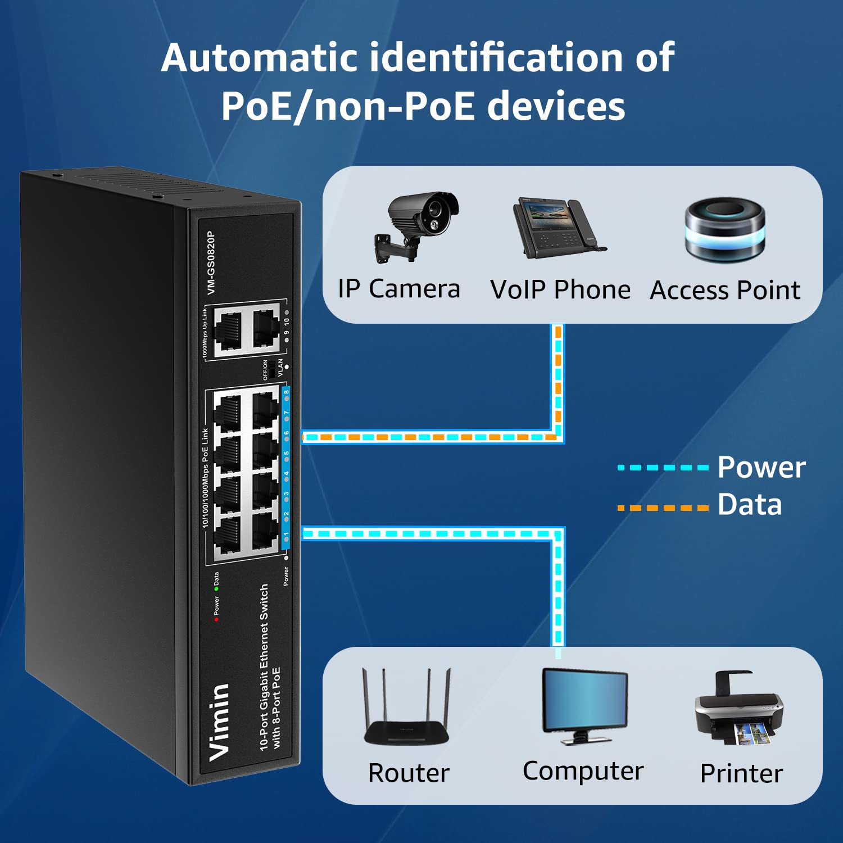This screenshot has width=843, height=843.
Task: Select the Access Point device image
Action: click(x=725, y=229)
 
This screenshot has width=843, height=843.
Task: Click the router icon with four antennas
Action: click(x=407, y=708)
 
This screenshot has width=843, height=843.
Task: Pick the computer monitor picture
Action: click(x=584, y=705)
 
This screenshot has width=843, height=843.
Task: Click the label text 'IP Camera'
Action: click(x=399, y=289)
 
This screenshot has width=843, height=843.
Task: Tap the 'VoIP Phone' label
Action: click(x=560, y=291)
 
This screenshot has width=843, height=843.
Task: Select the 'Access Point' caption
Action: click(x=725, y=291)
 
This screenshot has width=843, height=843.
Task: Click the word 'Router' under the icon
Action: click(x=409, y=773)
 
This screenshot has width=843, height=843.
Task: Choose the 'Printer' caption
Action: click(x=741, y=774)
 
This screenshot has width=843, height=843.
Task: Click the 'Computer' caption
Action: click(x=583, y=771)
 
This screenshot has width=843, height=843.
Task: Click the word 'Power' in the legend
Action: click(x=762, y=468)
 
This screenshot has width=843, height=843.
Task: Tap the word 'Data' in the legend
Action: click(x=750, y=505)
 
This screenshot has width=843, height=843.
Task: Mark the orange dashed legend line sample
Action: click(x=663, y=508)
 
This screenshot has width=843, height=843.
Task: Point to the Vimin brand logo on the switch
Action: click(x=219, y=722)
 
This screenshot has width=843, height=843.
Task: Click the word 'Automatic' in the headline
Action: click(x=259, y=58)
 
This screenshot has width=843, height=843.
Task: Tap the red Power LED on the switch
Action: click(x=216, y=619)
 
